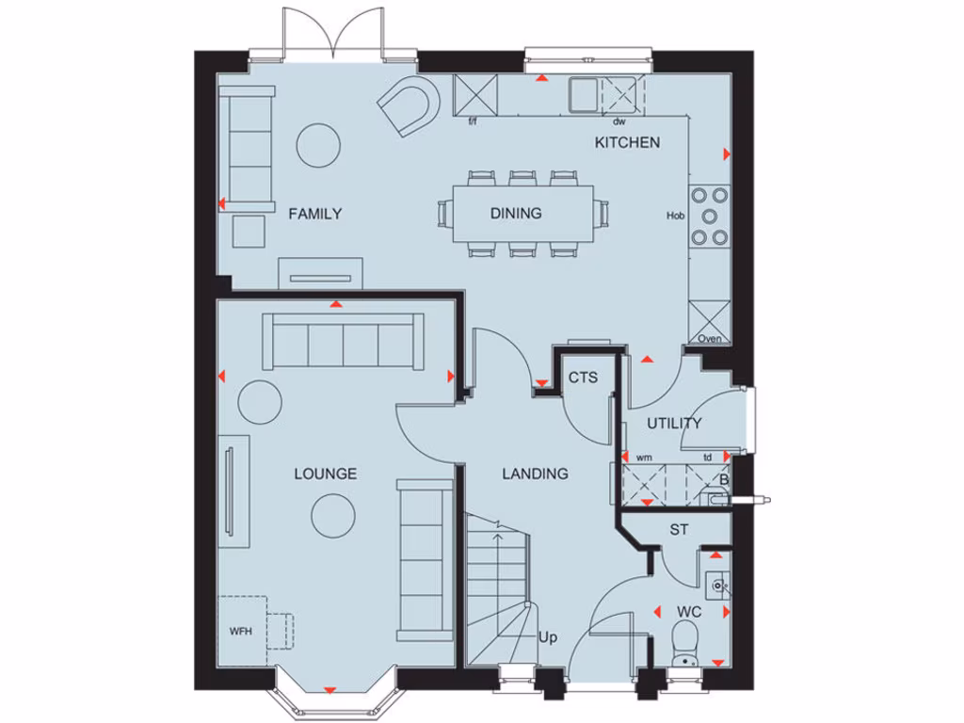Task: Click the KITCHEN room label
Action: tap(627, 143)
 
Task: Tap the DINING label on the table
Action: tap(516, 214)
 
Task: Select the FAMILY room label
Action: tap(314, 214)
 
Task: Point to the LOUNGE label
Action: tap(325, 474)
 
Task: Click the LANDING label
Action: tap(535, 474)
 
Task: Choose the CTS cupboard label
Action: tap(583, 378)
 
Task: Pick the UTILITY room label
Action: tap(674, 424)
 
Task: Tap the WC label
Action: tap(689, 613)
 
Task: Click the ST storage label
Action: tap(679, 531)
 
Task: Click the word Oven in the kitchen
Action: tap(710, 339)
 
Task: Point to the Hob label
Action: tap(675, 216)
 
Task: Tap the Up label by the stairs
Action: tap(548, 638)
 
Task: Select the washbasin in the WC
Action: tap(718, 586)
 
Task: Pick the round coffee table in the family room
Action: tap(318, 144)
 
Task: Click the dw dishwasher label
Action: tap(619, 122)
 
